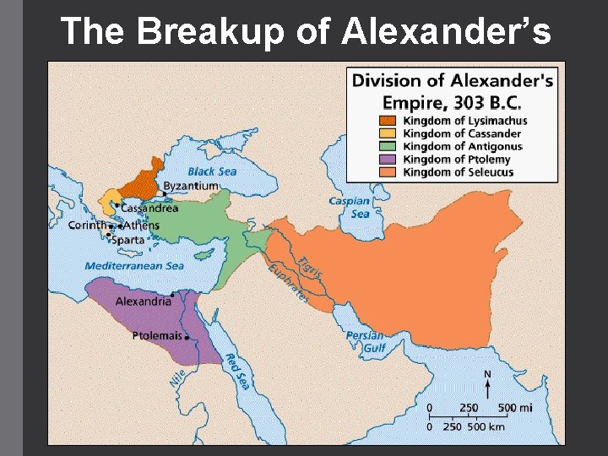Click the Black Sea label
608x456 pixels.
tap(212, 171)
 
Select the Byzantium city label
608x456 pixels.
tap(191, 186)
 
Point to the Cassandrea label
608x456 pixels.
tap(149, 208)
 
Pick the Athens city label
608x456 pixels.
tap(141, 225)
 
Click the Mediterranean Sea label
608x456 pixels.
tap(133, 266)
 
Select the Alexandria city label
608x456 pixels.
tap(143, 301)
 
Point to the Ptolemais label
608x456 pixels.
tap(157, 336)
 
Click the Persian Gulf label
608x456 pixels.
tap(365, 341)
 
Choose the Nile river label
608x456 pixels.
tap(177, 377)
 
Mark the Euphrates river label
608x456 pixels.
tap(288, 283)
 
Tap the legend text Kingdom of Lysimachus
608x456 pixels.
tap(464, 121)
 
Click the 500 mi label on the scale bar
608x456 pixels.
tap(514, 408)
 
